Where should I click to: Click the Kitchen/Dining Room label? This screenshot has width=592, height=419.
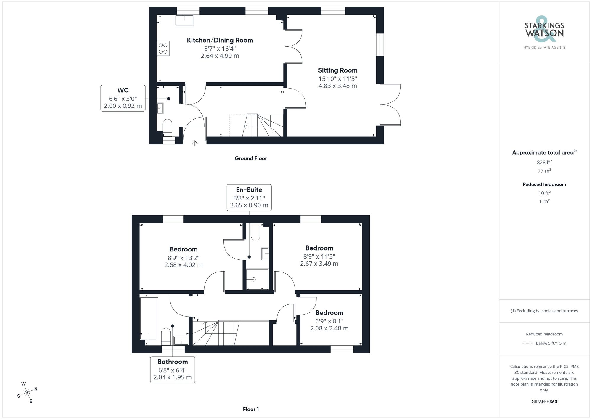click(220, 40)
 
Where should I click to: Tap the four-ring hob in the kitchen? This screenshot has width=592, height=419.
click(163, 49)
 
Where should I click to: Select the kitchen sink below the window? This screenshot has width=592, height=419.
click(184, 20)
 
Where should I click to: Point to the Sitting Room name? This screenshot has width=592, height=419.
click(338, 70)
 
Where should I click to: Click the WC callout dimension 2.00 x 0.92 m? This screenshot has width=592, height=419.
click(123, 106)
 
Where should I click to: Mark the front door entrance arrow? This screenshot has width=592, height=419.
click(195, 143)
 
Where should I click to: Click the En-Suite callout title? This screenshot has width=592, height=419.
click(249, 190)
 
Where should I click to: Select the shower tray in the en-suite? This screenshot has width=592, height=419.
click(258, 279)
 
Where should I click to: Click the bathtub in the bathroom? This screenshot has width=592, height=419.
click(149, 318)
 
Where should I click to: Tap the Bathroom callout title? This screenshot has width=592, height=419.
click(173, 362)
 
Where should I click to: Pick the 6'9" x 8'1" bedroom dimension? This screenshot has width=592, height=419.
click(329, 321)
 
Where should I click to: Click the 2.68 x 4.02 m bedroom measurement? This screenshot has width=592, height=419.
click(184, 265)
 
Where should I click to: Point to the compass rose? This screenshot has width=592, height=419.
click(27, 393)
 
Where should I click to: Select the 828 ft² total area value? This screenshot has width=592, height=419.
click(544, 162)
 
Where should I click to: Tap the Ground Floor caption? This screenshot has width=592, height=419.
click(251, 158)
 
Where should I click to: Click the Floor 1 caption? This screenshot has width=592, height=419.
click(251, 409)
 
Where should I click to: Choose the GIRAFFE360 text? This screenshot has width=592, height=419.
click(544, 402)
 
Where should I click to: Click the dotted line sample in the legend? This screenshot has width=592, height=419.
click(527, 343)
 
